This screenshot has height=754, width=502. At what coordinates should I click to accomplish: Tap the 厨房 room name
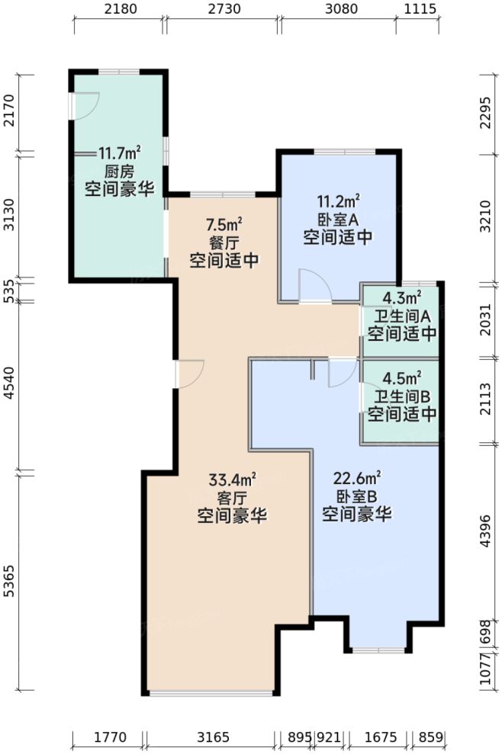[118, 171]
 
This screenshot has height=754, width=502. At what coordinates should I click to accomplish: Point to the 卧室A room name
[338, 220]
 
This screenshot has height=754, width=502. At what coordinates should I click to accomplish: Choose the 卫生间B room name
[401, 396]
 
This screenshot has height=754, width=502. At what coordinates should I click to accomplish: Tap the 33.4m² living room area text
[232, 480]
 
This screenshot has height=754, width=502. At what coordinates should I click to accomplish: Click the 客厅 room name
[232, 499]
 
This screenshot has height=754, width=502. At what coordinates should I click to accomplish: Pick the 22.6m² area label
[356, 480]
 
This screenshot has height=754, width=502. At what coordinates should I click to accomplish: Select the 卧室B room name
[356, 497]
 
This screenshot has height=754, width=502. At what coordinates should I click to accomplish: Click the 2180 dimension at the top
[119, 10]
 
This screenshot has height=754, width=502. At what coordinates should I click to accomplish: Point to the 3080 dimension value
[336, 10]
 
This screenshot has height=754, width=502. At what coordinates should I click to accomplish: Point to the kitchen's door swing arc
[84, 105]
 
